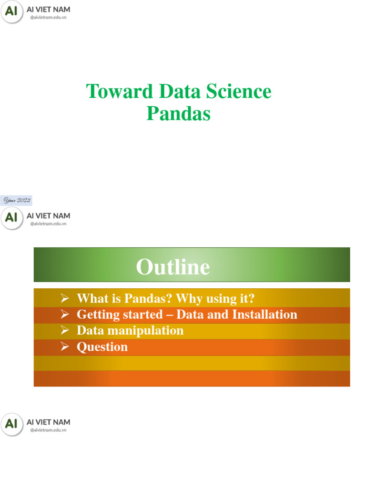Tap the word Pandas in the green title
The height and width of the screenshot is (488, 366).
click(178, 114)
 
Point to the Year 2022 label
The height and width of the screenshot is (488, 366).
click(17, 201)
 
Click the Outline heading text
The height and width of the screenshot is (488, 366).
click(173, 267)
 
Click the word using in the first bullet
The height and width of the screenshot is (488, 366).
click(223, 298)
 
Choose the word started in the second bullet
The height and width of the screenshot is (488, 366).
click(142, 315)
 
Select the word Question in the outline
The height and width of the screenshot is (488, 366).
click(102, 346)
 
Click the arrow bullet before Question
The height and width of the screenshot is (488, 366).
click(65, 346)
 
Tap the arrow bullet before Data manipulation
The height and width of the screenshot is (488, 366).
click(65, 330)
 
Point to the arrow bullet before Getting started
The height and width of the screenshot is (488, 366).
click(65, 315)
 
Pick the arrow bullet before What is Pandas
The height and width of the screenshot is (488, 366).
click(65, 298)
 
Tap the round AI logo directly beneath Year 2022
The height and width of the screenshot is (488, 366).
click(12, 218)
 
